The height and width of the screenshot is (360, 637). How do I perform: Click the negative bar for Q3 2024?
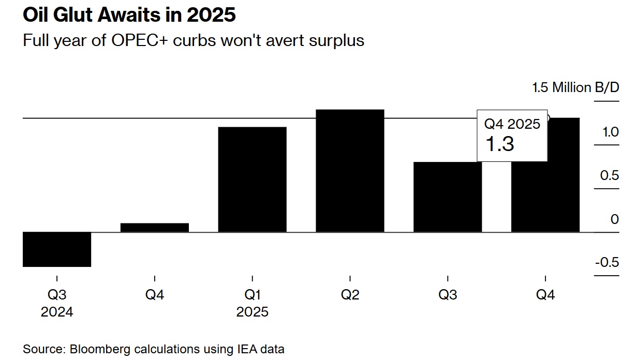[x=57, y=249]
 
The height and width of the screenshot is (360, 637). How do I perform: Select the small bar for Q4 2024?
[x=154, y=228]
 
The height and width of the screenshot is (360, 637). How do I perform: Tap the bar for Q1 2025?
[x=252, y=179]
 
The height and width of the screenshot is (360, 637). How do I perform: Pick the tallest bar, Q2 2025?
[x=350, y=171]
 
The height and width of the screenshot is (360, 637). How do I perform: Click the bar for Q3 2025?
[x=447, y=197]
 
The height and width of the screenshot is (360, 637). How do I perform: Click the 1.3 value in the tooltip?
[x=499, y=144]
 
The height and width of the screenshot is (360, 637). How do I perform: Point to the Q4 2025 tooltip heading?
[x=512, y=124]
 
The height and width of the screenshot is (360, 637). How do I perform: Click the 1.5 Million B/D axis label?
[x=575, y=87]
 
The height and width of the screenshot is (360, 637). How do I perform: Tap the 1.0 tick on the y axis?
[x=609, y=132]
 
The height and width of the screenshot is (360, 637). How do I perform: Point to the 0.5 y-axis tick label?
[x=609, y=175]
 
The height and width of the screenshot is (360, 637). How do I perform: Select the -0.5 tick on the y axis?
[x=606, y=262]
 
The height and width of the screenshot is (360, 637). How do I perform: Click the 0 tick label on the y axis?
[x=614, y=219]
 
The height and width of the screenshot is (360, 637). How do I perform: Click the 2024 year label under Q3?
[x=57, y=312]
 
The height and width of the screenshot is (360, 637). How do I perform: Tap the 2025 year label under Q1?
[x=252, y=312]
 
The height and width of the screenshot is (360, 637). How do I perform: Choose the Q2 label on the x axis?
[x=350, y=295]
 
